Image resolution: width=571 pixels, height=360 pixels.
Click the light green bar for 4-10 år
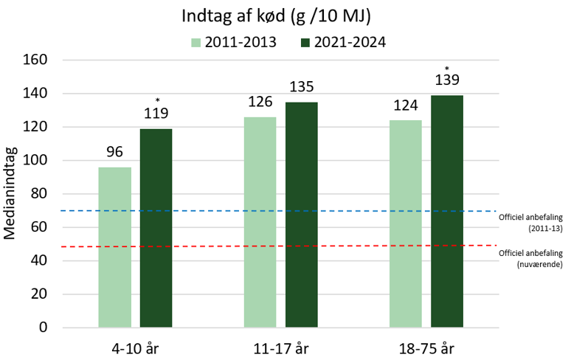[114, 247]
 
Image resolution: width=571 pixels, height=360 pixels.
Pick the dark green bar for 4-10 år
[156, 228]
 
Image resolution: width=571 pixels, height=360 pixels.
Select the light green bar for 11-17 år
[260, 222]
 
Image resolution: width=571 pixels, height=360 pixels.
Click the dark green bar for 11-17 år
[302, 215]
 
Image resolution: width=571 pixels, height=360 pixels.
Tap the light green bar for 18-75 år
[405, 224]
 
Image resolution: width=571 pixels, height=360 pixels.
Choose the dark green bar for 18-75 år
[447, 211]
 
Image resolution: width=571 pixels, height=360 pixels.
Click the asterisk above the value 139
[447, 69]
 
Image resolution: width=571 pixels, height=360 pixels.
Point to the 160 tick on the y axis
[38, 60]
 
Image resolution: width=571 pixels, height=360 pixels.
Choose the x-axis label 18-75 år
[426, 347]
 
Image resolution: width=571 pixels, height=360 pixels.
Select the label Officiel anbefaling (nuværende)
[530, 257]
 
